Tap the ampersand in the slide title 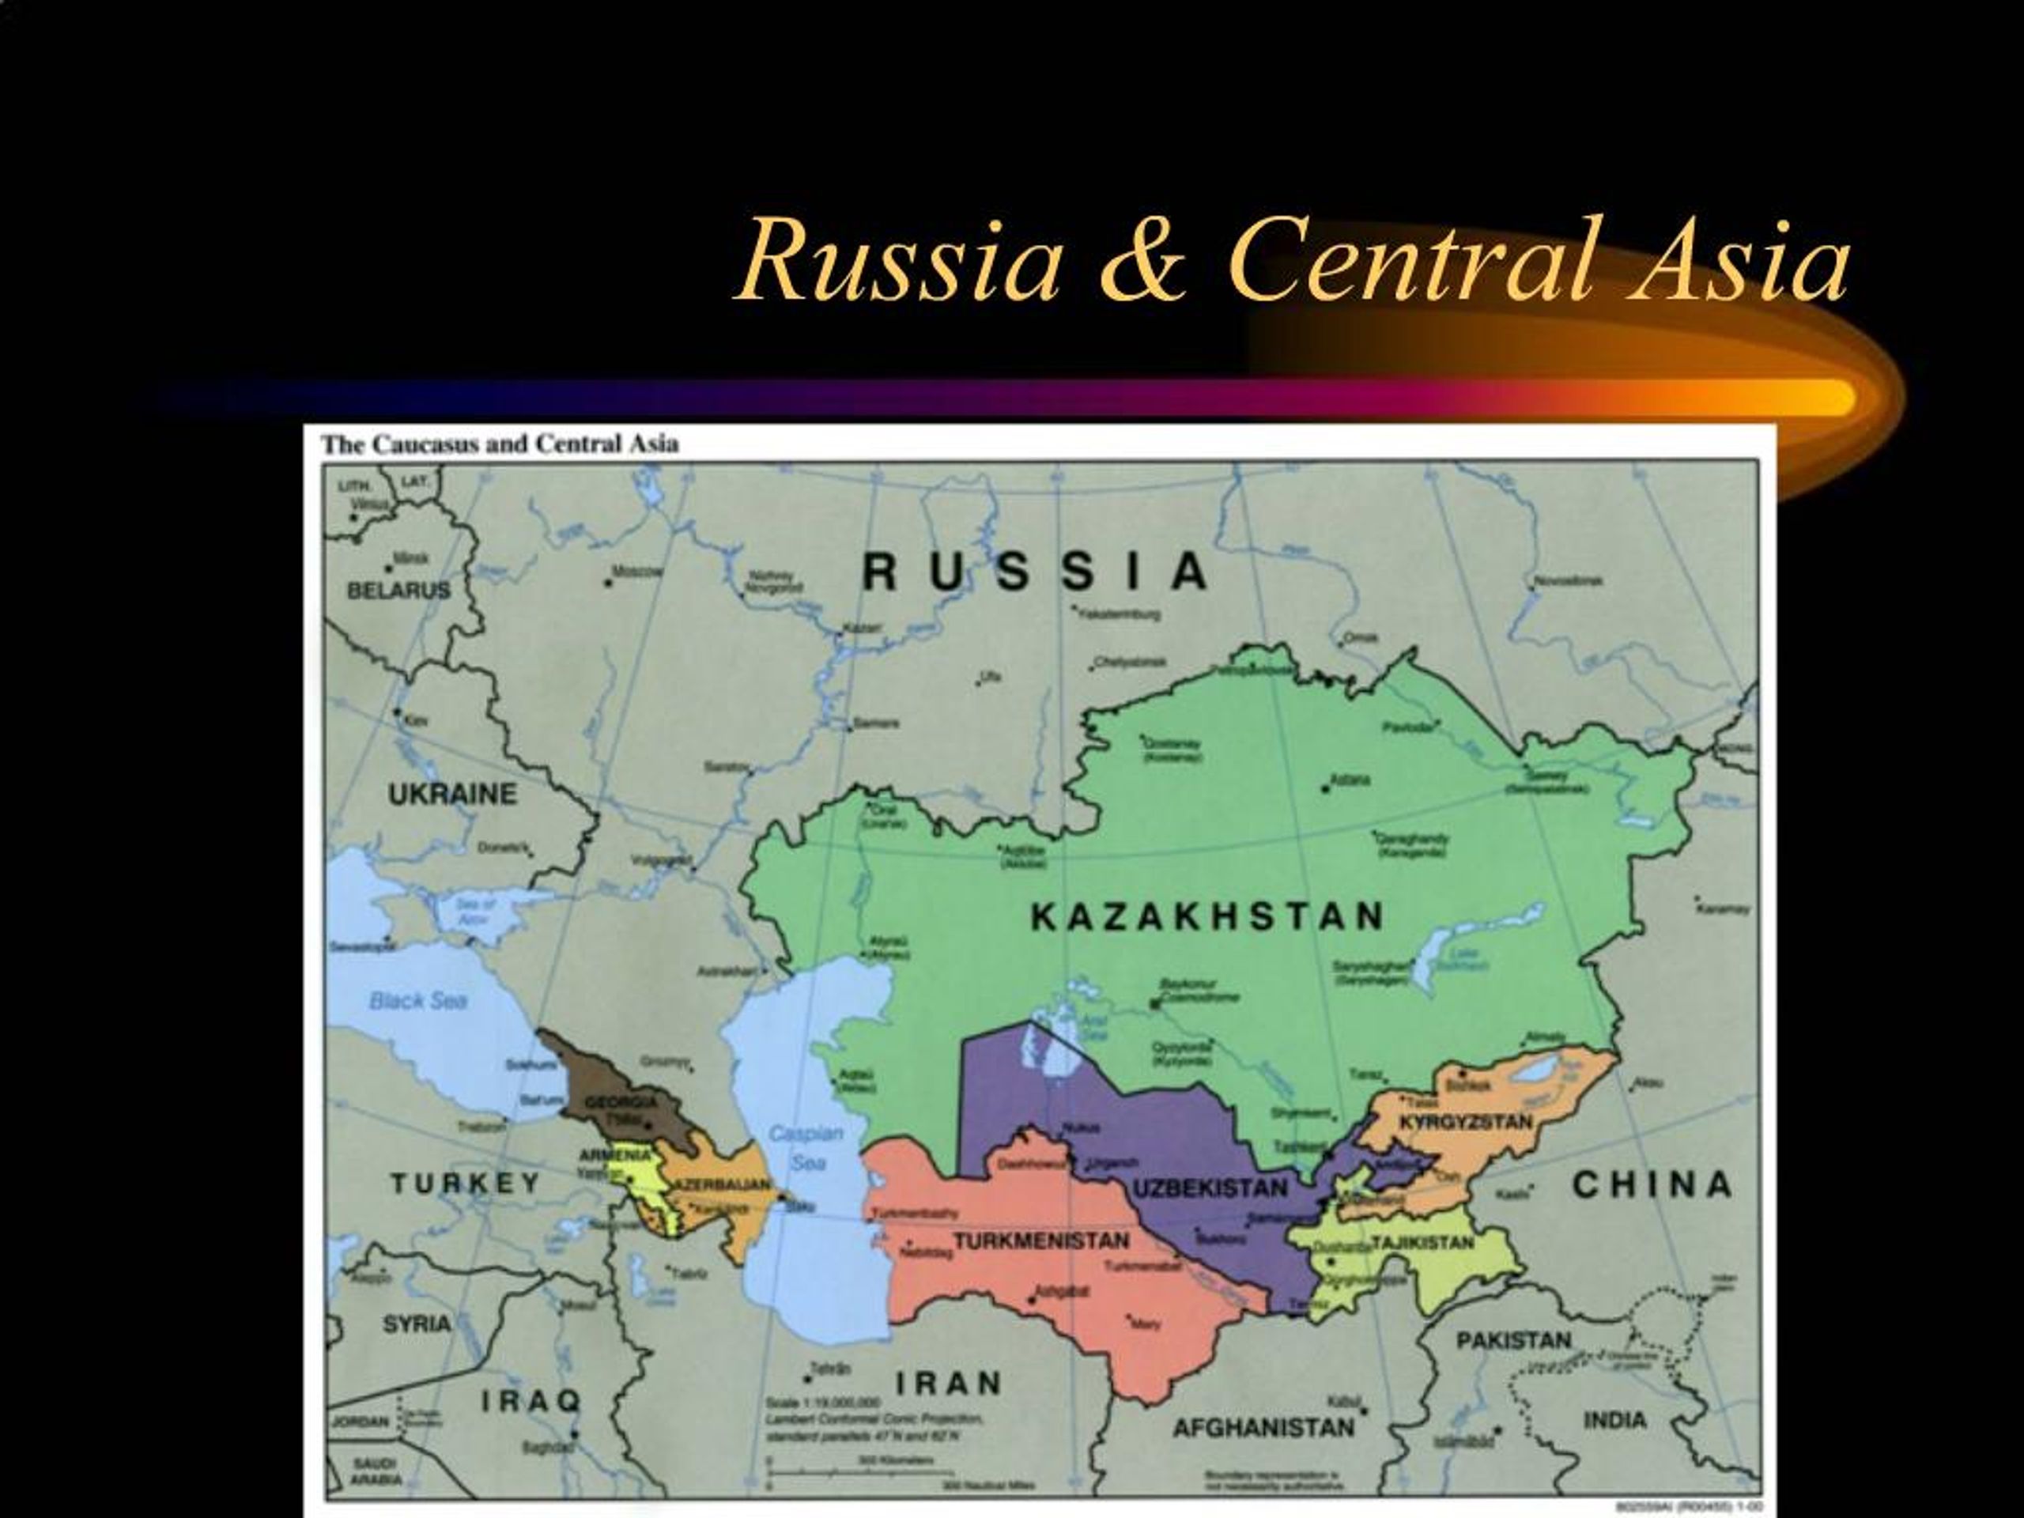1144,261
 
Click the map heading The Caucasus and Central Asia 500,444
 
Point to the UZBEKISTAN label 1210,1188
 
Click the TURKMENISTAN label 1042,1241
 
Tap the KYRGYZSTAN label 1466,1122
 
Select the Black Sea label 418,1001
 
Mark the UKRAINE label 452,795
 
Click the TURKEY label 466,1183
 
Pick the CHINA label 1652,1185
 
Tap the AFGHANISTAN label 1263,1427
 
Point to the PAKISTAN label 1513,1340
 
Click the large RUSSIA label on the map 1035,572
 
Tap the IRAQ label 531,1400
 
